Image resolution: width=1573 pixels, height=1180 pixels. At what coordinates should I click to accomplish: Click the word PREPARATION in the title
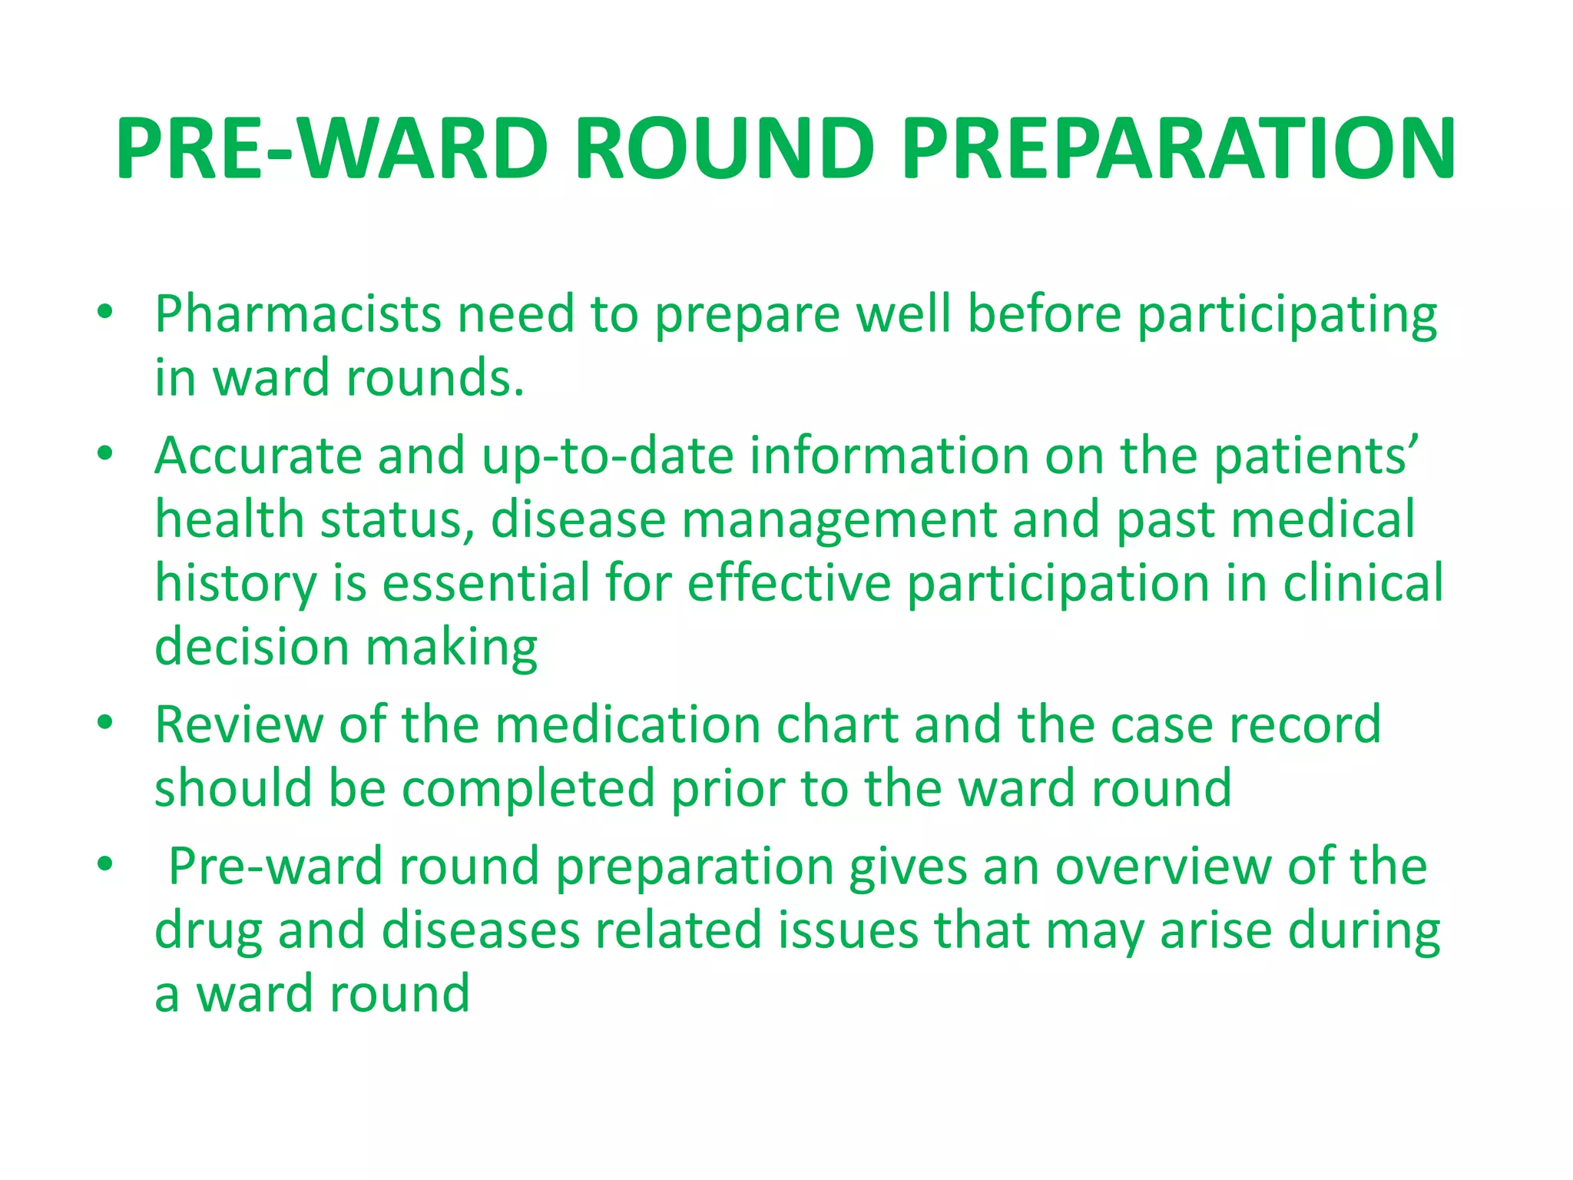[1178, 149]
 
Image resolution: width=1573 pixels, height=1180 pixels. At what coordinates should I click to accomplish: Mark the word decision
[252, 647]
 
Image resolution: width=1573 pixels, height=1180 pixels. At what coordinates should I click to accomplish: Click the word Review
[239, 725]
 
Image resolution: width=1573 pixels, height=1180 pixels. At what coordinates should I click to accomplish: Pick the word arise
[1216, 930]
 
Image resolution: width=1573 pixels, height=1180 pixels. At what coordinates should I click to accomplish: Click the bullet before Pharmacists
[105, 313]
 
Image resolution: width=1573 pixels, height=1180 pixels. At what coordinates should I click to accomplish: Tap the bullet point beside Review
[105, 724]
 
